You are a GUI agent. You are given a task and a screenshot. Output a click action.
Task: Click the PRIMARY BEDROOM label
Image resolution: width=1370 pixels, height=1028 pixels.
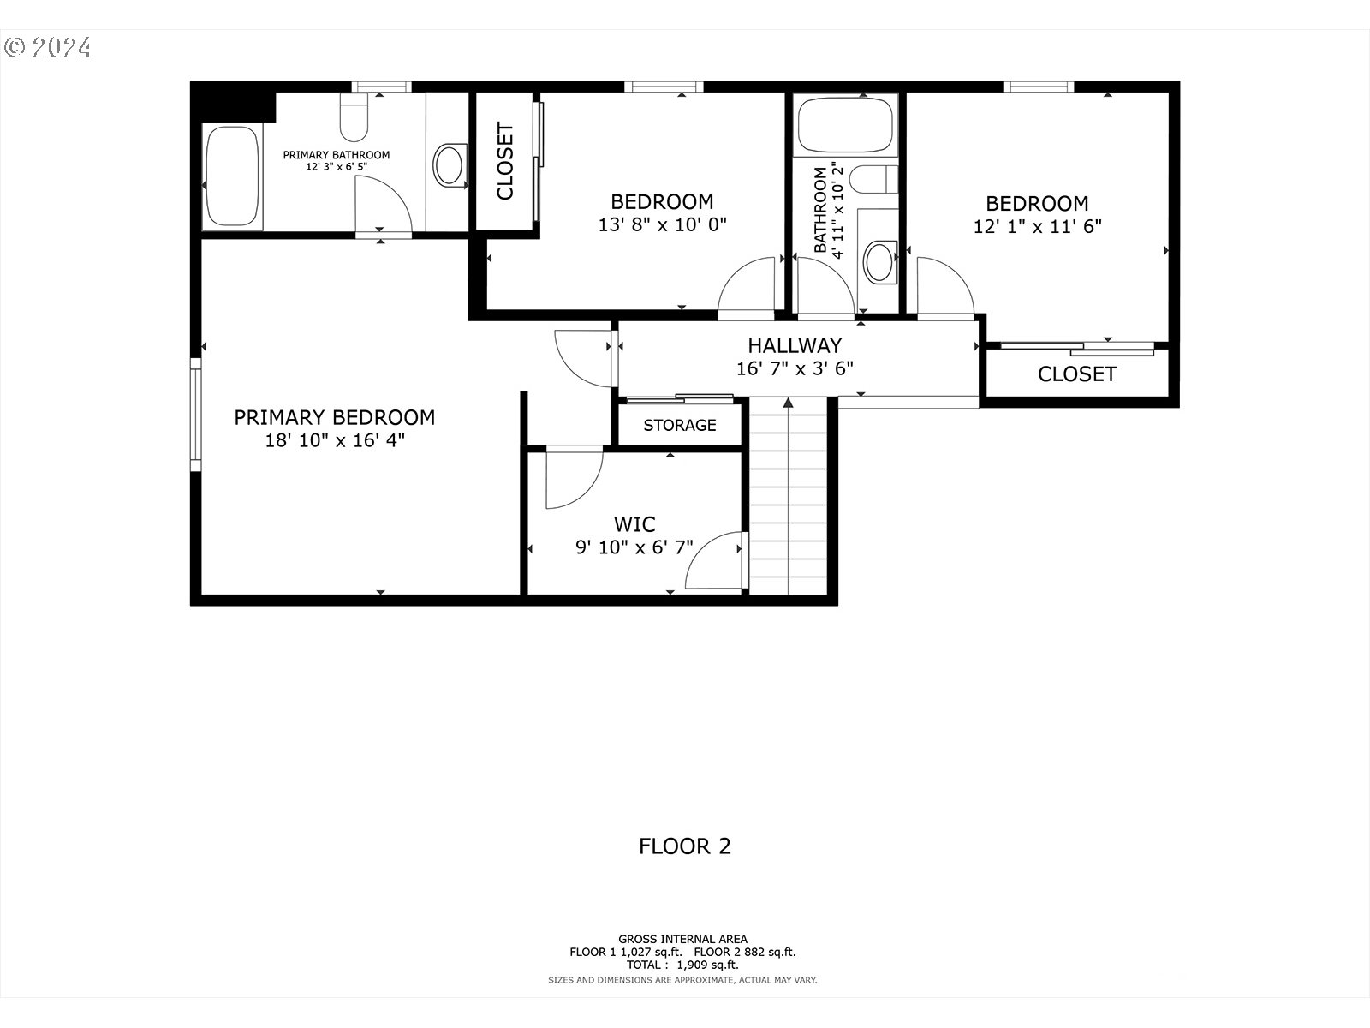coord(335,417)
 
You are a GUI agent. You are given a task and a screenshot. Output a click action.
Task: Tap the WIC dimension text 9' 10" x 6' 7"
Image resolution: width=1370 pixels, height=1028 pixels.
coord(634,547)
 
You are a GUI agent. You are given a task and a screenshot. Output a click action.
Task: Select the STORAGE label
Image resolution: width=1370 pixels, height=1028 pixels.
coord(680,425)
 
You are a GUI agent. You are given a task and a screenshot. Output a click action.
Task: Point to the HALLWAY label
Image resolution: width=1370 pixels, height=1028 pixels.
coord(795,345)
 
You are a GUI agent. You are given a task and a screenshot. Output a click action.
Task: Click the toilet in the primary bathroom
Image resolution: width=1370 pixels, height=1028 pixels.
coord(354,117)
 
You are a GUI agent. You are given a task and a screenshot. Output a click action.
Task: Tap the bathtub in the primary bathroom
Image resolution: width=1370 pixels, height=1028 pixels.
coord(232,176)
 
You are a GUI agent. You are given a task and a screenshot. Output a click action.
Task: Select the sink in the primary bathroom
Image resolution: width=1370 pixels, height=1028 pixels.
coord(449,165)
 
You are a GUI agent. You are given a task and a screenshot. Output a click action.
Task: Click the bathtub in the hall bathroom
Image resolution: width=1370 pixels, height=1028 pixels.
coord(846,125)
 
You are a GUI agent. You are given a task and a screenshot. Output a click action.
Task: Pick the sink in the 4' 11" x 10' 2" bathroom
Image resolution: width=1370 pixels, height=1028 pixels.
coord(880,261)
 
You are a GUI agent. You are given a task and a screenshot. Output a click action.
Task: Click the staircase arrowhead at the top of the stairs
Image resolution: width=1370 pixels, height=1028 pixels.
coord(789,403)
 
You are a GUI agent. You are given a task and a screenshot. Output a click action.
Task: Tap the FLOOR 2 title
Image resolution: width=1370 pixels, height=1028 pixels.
coord(685,846)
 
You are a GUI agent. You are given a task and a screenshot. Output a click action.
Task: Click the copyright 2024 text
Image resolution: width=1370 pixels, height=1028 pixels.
coord(48,48)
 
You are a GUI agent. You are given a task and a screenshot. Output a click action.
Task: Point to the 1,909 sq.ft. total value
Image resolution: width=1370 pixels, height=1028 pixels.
coord(707,965)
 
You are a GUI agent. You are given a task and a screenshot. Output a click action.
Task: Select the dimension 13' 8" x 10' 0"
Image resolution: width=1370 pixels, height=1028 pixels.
coord(662,224)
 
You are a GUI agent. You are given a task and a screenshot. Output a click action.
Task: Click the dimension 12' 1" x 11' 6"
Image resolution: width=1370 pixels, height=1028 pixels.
coord(1037,226)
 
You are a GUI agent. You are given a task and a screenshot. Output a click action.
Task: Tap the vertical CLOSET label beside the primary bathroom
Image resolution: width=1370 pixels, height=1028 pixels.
coord(505,160)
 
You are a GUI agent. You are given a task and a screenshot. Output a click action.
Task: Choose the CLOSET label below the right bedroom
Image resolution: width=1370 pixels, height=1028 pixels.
coord(1076,374)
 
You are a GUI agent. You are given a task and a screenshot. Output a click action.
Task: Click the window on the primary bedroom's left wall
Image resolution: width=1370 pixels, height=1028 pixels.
coord(196,415)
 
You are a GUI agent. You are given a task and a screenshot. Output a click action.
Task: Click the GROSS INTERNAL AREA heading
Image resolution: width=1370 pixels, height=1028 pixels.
coord(682,939)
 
